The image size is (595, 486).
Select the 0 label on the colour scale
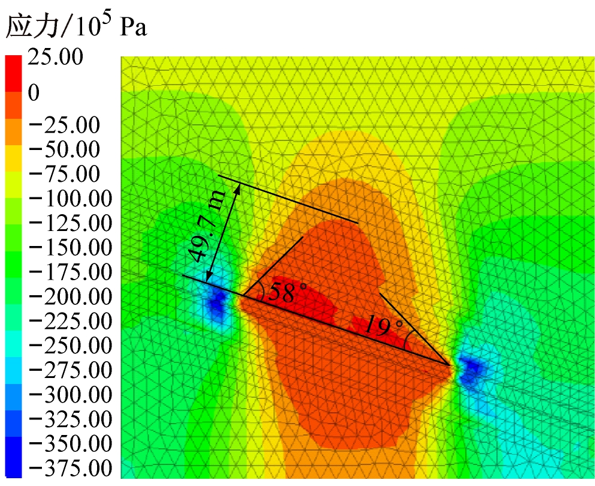34,93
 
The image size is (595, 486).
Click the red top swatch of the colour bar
13,73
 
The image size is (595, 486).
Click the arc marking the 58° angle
262,290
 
